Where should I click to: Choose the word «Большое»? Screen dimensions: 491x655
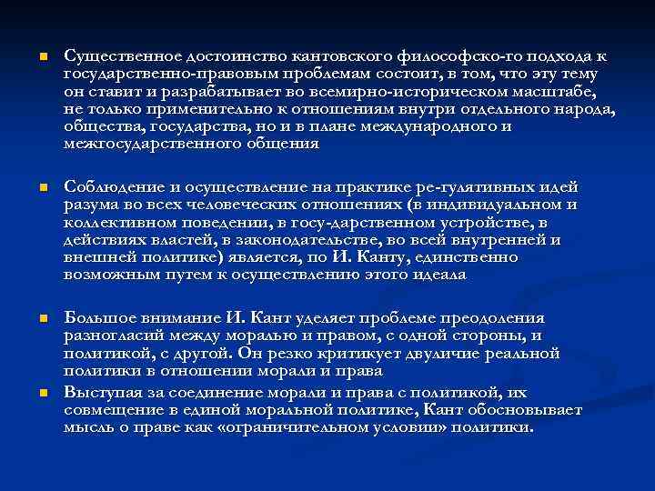tap(95, 318)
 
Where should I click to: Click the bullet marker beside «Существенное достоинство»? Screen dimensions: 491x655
tap(30, 57)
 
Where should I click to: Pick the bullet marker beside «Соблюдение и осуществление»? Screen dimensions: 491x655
tap(30, 188)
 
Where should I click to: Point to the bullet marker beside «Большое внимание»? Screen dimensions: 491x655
tap(30, 319)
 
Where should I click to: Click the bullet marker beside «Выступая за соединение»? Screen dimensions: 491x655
tap(30, 393)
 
